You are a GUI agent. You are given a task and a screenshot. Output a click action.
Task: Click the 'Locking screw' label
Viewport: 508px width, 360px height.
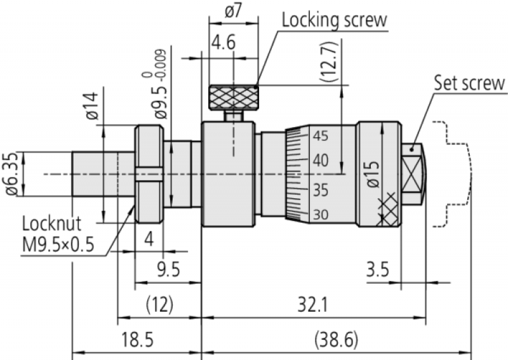pos(334,19)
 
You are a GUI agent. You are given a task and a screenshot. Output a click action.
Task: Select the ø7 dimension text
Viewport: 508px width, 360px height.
pos(232,11)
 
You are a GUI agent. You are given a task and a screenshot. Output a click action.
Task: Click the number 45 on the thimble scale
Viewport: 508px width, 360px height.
pos(321,135)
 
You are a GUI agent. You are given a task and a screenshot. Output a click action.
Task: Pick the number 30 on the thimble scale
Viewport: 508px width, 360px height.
pos(321,215)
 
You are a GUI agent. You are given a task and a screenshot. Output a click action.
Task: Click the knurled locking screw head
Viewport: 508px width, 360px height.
pos(232,98)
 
